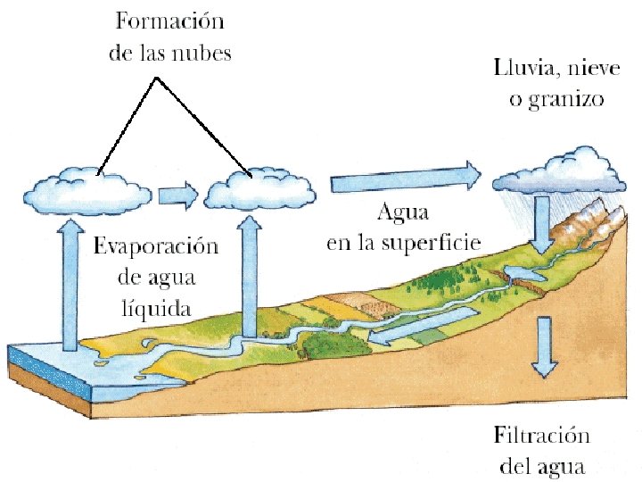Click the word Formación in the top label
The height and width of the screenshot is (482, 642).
click(169, 22)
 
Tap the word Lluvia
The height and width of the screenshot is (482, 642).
click(521, 68)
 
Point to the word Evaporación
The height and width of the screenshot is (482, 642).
click(156, 245)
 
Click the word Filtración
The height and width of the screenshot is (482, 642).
click(541, 436)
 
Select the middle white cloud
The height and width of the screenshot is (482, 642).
click(259, 187)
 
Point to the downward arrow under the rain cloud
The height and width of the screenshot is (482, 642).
click(540, 223)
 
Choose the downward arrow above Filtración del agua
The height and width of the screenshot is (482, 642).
click(542, 348)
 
